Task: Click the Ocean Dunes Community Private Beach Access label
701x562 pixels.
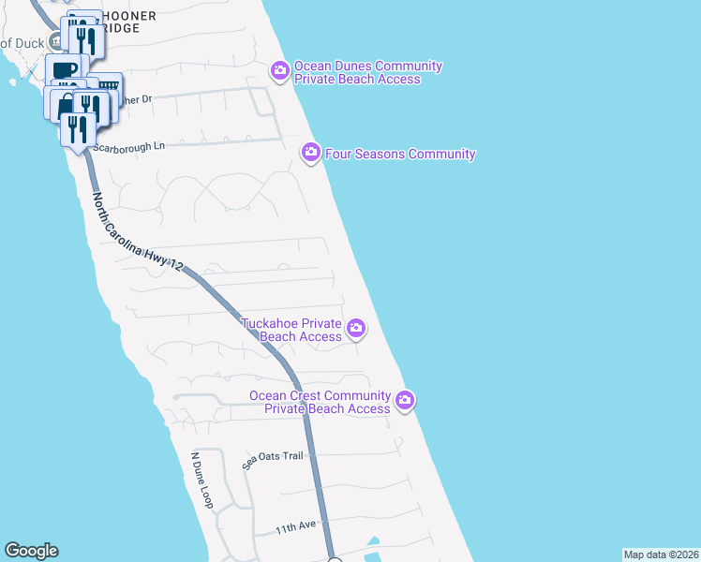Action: [356, 72]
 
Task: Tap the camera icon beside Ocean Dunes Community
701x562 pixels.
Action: [279, 70]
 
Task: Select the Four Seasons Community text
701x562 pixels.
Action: [400, 154]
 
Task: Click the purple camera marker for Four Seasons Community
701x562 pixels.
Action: [311, 152]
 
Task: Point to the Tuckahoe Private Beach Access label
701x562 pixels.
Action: [291, 330]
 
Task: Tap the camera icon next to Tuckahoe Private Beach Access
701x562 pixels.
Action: [356, 328]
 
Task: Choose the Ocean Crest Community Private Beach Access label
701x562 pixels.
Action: [320, 402]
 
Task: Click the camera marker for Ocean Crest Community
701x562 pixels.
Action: [405, 400]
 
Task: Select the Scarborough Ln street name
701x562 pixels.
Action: [129, 146]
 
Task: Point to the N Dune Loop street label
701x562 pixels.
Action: [202, 481]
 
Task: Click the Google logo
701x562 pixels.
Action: [31, 551]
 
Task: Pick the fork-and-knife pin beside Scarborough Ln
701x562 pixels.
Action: [77, 129]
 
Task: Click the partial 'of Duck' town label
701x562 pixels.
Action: [22, 42]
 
